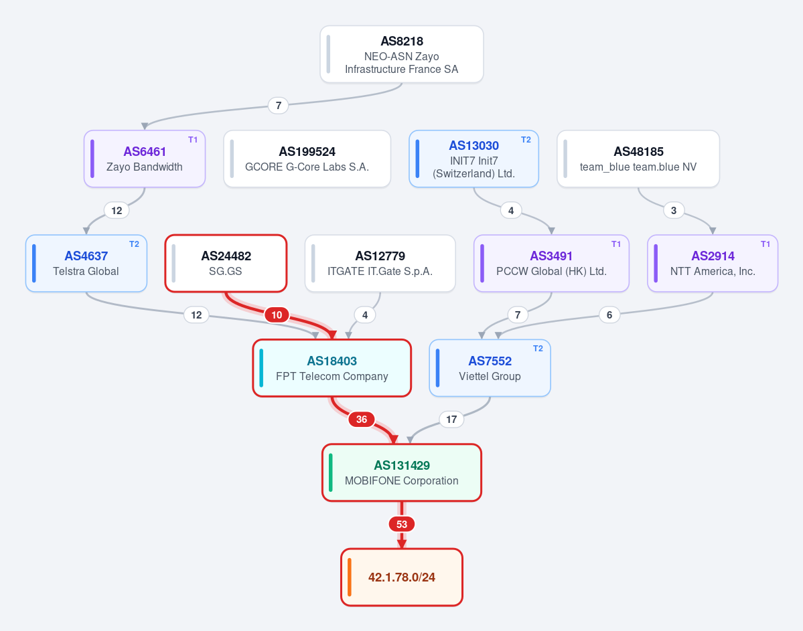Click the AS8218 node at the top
click(x=402, y=54)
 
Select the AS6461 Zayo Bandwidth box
click(x=145, y=159)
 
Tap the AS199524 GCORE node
click(x=307, y=159)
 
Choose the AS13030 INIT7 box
click(x=473, y=159)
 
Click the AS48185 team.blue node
click(x=638, y=159)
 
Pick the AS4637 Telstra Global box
click(x=86, y=264)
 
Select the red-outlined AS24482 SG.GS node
click(x=226, y=264)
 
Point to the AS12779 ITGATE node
click(x=380, y=264)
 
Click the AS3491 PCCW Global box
click(x=552, y=264)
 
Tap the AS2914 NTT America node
click(x=713, y=264)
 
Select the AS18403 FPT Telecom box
click(x=332, y=368)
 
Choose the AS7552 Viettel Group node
click(x=490, y=368)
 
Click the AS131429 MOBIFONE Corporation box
click(x=402, y=472)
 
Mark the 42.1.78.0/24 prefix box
click(x=402, y=577)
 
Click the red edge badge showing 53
click(x=402, y=524)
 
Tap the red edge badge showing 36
click(x=362, y=419)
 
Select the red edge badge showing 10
click(x=277, y=314)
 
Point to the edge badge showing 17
click(x=451, y=419)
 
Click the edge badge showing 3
click(x=674, y=210)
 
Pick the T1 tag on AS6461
click(x=193, y=140)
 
